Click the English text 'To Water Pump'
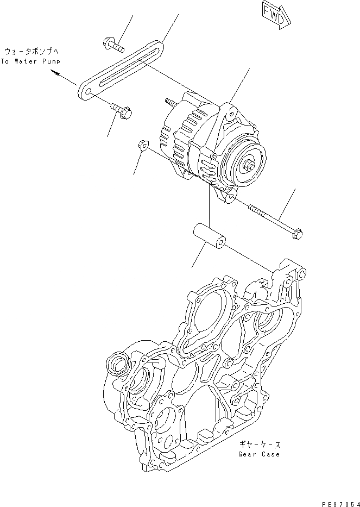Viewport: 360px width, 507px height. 30,61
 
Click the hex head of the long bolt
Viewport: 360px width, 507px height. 298,234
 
